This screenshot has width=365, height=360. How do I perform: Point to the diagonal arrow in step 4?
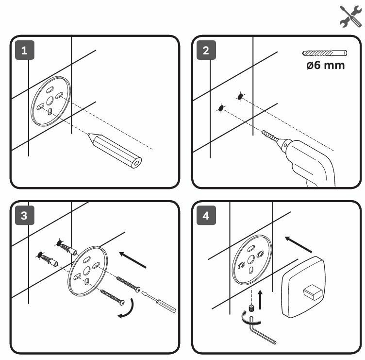click(x=298, y=243)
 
